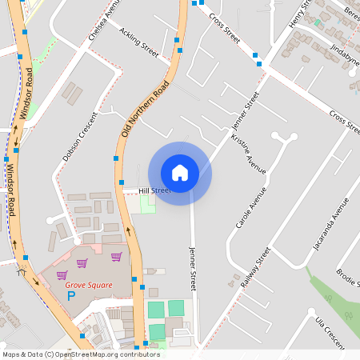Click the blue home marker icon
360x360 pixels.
point(180,173)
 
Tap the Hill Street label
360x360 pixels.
point(154,190)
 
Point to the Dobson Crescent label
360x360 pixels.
point(80,136)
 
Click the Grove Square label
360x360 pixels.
point(89,284)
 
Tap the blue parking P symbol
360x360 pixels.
point(70,297)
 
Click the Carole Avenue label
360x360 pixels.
point(250,208)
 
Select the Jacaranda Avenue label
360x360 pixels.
point(330,233)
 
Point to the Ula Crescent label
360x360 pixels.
point(329,331)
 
